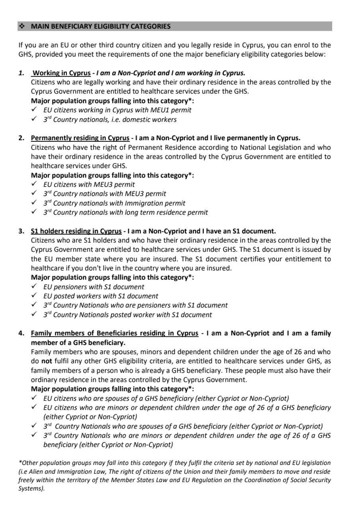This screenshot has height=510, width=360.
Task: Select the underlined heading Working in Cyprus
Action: [61, 73]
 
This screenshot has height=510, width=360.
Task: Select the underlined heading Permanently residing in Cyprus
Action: [80, 138]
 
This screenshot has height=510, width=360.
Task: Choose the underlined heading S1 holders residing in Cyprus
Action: [76, 231]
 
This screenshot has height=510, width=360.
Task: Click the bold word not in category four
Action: [47, 361]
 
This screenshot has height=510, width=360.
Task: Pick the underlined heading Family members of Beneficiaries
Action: [114, 333]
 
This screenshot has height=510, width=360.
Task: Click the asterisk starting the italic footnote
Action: [20, 463]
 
